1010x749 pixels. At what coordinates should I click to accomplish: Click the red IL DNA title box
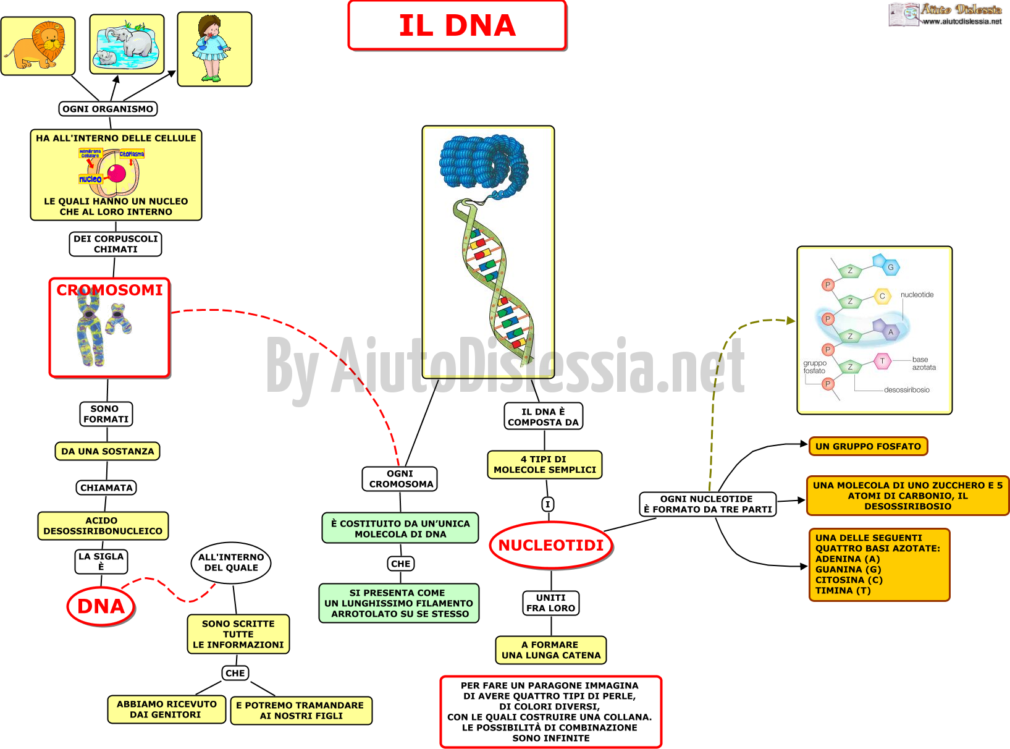click(457, 25)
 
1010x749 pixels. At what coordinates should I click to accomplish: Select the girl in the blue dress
click(212, 48)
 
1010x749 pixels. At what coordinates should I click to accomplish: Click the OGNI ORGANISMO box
click(108, 109)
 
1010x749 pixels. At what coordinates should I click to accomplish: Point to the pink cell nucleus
click(116, 174)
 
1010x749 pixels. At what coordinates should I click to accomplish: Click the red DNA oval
click(101, 606)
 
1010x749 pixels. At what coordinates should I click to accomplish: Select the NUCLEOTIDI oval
click(551, 545)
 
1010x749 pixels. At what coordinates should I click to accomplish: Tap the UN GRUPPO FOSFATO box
click(868, 446)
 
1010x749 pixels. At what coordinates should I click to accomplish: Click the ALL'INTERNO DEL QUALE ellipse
click(231, 562)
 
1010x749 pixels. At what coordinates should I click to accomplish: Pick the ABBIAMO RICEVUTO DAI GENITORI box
click(167, 709)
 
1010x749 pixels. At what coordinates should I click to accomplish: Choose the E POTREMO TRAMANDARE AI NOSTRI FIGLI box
click(301, 711)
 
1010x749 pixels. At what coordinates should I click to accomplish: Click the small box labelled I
click(548, 504)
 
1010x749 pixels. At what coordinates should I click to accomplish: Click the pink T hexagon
click(883, 361)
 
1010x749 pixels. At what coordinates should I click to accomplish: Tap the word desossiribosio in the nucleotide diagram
click(907, 390)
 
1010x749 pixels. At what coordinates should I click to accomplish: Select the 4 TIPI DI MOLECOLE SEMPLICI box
click(545, 465)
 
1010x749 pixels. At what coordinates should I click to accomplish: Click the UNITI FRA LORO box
click(550, 603)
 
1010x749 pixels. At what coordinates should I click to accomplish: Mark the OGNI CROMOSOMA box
click(400, 479)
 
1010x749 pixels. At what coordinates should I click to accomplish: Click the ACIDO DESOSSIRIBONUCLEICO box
click(103, 526)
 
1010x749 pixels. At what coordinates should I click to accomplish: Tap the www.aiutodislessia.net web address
click(962, 22)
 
